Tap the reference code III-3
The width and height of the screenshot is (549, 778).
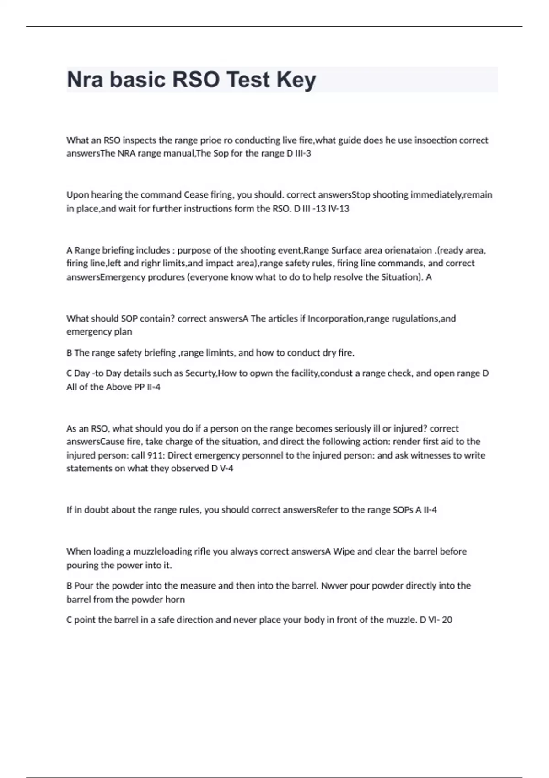pos(303,153)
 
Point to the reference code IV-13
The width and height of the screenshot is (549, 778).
pos(339,209)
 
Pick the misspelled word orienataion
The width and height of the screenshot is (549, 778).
pos(408,250)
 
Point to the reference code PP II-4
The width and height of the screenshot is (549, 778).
pos(147,387)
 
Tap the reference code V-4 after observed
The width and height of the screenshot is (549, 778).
pos(226,469)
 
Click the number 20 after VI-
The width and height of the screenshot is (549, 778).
pos(447,620)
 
